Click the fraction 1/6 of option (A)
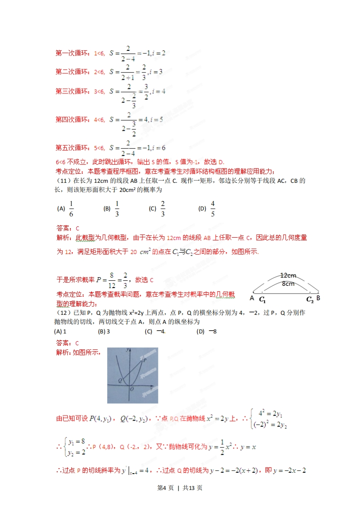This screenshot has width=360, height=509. [71, 209]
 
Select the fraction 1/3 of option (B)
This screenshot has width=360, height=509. [117, 209]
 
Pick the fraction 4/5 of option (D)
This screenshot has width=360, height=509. [212, 209]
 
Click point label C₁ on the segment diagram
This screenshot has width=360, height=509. [262, 299]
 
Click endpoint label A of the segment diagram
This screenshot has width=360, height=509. [252, 298]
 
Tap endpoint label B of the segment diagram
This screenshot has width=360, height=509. [318, 298]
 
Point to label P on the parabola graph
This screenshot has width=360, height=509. [144, 359]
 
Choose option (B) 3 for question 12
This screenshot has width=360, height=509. [104, 331]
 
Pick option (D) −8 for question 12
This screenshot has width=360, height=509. [207, 331]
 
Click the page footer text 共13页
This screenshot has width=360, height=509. [192, 488]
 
